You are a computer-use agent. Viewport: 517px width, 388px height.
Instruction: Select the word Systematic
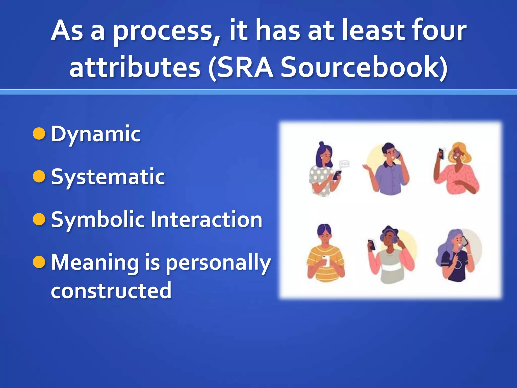108,177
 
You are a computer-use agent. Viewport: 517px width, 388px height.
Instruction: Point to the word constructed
111,290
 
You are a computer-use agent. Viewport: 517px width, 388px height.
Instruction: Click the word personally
218,263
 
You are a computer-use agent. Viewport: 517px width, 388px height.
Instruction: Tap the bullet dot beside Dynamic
39,133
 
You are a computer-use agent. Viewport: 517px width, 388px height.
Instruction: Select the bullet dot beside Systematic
39,176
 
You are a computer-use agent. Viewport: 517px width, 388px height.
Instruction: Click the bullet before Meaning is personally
39,262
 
